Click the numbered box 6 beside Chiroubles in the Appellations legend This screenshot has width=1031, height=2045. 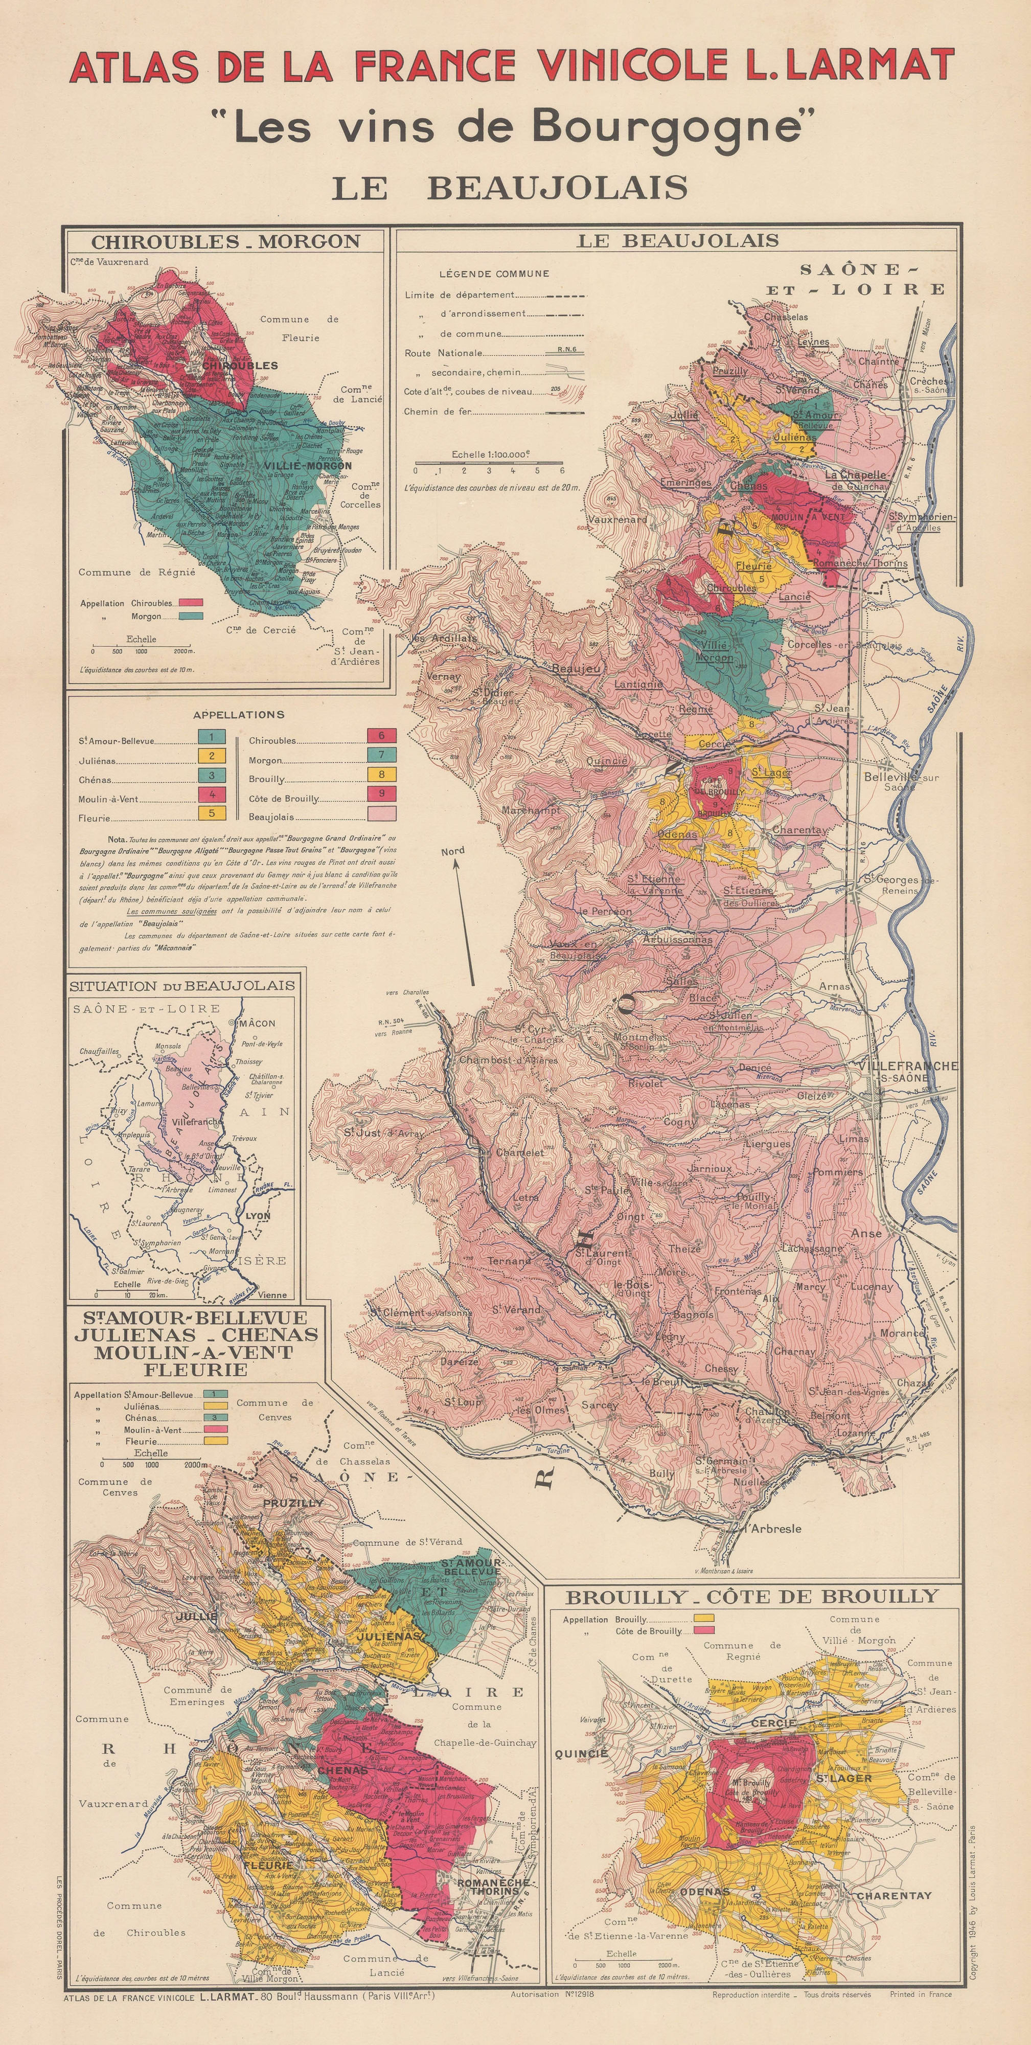pos(382,736)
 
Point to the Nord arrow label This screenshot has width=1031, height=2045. pos(453,851)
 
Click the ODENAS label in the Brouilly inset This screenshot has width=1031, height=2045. pos(704,1892)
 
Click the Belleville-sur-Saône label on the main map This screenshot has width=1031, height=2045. pos(900,782)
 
